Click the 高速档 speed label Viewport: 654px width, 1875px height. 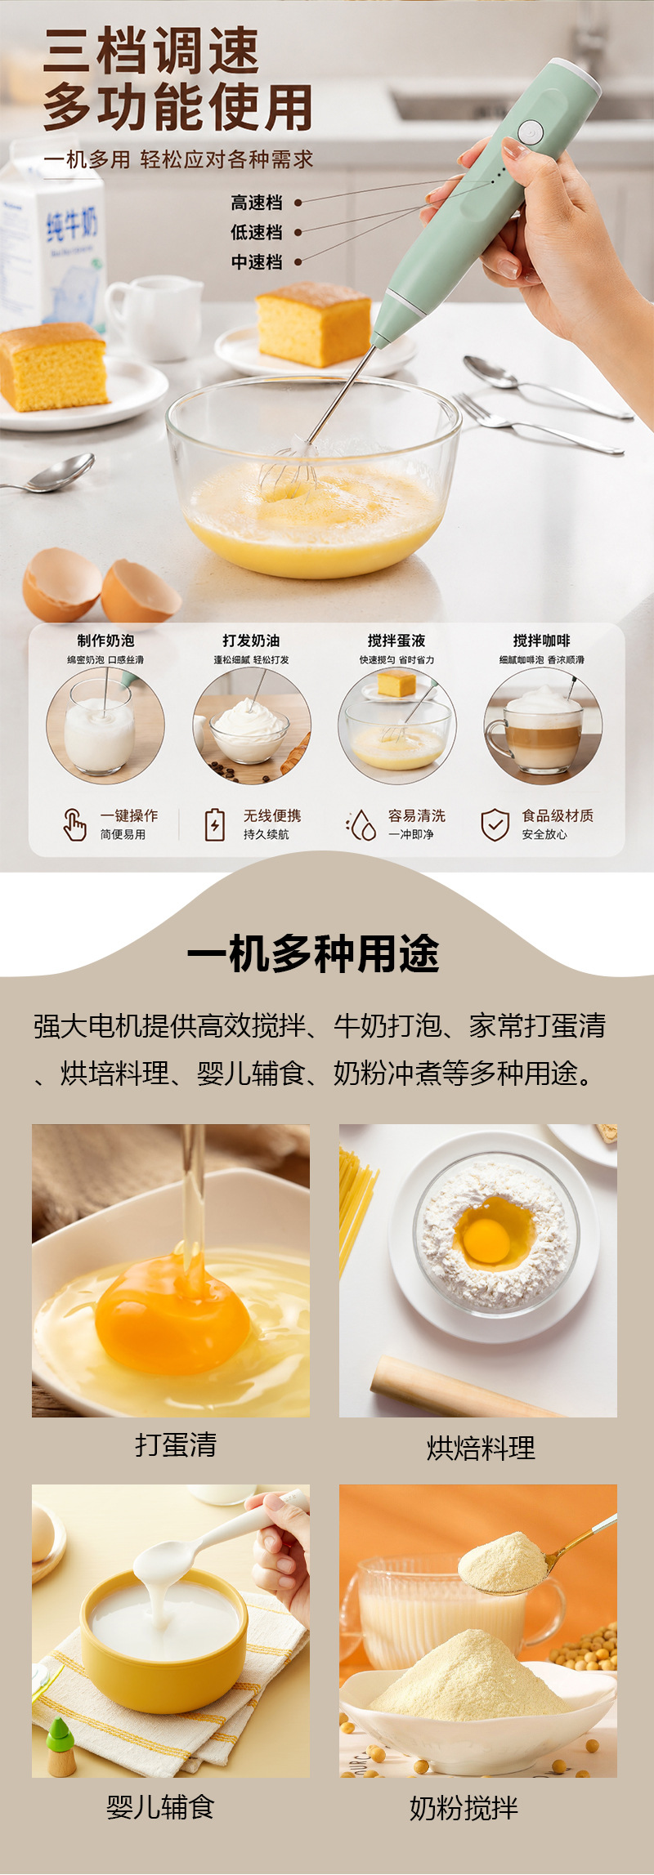257,203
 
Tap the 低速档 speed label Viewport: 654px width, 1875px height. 257,232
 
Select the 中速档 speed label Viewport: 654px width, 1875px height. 257,261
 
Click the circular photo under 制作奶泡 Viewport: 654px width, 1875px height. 105,725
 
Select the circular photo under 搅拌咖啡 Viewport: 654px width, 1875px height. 543,725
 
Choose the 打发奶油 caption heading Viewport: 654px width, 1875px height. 251,641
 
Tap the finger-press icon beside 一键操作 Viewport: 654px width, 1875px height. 74,824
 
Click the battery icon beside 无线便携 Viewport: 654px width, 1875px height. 214,824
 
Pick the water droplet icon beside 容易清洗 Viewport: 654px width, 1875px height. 361,825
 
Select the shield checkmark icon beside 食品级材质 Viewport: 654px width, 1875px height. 495,825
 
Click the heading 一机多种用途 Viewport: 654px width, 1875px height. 313,953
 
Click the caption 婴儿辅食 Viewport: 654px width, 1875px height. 160,1806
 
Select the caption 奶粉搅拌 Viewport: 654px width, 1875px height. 464,1808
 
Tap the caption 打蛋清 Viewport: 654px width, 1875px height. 176,1444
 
